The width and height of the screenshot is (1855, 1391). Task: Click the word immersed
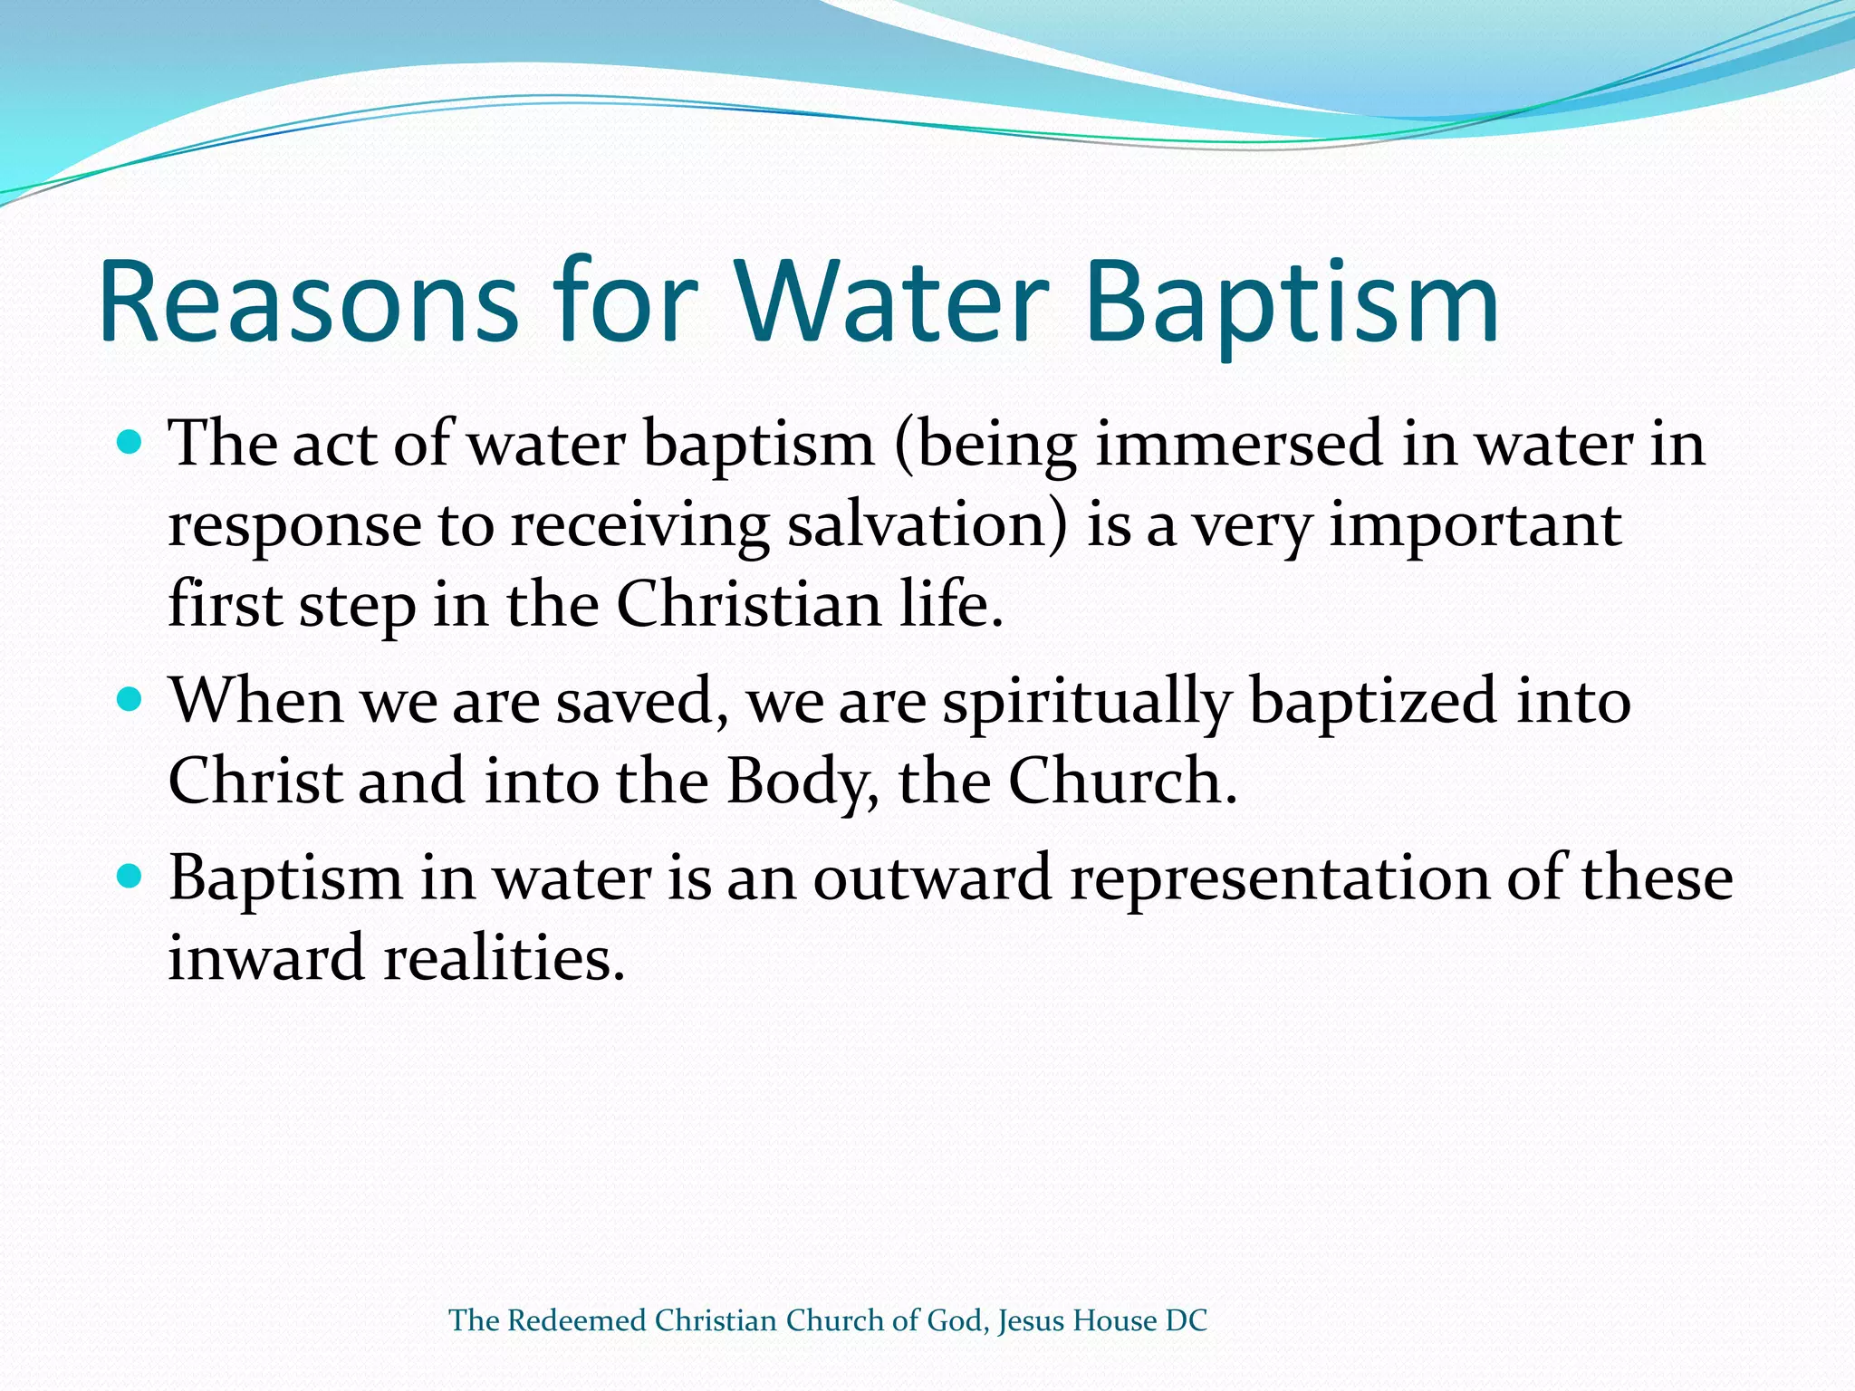click(x=1239, y=444)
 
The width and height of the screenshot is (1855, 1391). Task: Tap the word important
click(x=1475, y=525)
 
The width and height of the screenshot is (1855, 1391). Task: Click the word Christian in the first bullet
click(x=748, y=604)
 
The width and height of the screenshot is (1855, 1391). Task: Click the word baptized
click(x=1373, y=702)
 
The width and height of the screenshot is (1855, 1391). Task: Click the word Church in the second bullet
click(x=1121, y=781)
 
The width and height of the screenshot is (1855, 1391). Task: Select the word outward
click(x=932, y=878)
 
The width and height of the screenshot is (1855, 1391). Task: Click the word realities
click(x=504, y=958)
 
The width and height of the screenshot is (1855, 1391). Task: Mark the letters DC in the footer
click(x=1187, y=1320)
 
